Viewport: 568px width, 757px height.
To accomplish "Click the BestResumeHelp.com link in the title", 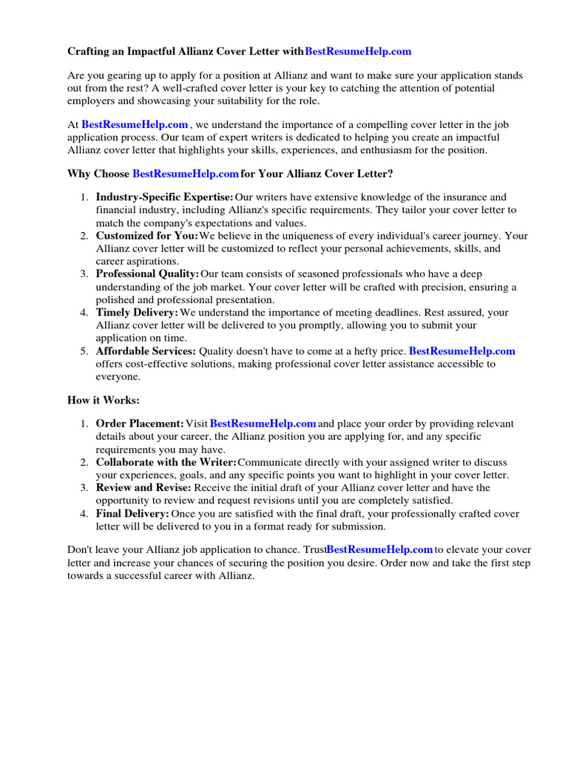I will coord(358,51).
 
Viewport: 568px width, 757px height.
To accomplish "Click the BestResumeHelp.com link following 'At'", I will coord(135,125).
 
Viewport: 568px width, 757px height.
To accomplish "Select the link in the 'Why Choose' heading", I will coord(185,174).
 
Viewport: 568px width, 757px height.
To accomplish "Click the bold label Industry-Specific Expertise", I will coord(164,197).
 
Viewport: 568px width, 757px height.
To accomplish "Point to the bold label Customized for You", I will coord(146,236).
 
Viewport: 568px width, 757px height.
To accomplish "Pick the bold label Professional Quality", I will coord(147,274).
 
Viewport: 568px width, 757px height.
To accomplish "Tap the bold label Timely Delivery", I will coord(137,313).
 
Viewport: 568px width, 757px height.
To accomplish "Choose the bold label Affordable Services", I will coord(145,351).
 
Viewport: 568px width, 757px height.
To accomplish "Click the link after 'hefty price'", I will coord(461,351).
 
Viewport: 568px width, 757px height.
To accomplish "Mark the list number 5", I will coord(84,351).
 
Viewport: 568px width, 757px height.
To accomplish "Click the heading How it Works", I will coord(104,400).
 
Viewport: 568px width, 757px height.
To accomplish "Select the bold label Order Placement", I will coord(140,424).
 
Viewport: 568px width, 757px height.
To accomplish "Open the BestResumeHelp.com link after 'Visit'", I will coord(263,424).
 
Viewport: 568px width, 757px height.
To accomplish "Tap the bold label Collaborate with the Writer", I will coord(166,462).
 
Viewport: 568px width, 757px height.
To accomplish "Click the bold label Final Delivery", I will coord(132,514).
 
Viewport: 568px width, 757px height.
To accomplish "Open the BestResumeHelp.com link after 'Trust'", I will coord(379,549).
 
